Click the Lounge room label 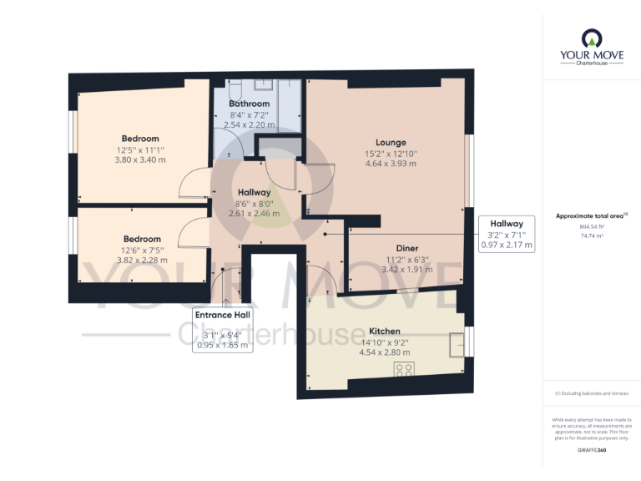click(390, 142)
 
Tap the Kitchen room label click(385, 331)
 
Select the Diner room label click(406, 248)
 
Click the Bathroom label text click(250, 104)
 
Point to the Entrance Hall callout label click(222, 315)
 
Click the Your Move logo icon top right click(590, 38)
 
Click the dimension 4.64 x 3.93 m click(390, 164)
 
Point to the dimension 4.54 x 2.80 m click(385, 352)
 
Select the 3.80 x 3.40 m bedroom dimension click(140, 160)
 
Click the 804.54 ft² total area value click(590, 226)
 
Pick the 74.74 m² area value click(590, 236)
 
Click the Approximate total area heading click(589, 215)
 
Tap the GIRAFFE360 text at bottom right click(590, 450)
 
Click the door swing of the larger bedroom click(193, 183)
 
